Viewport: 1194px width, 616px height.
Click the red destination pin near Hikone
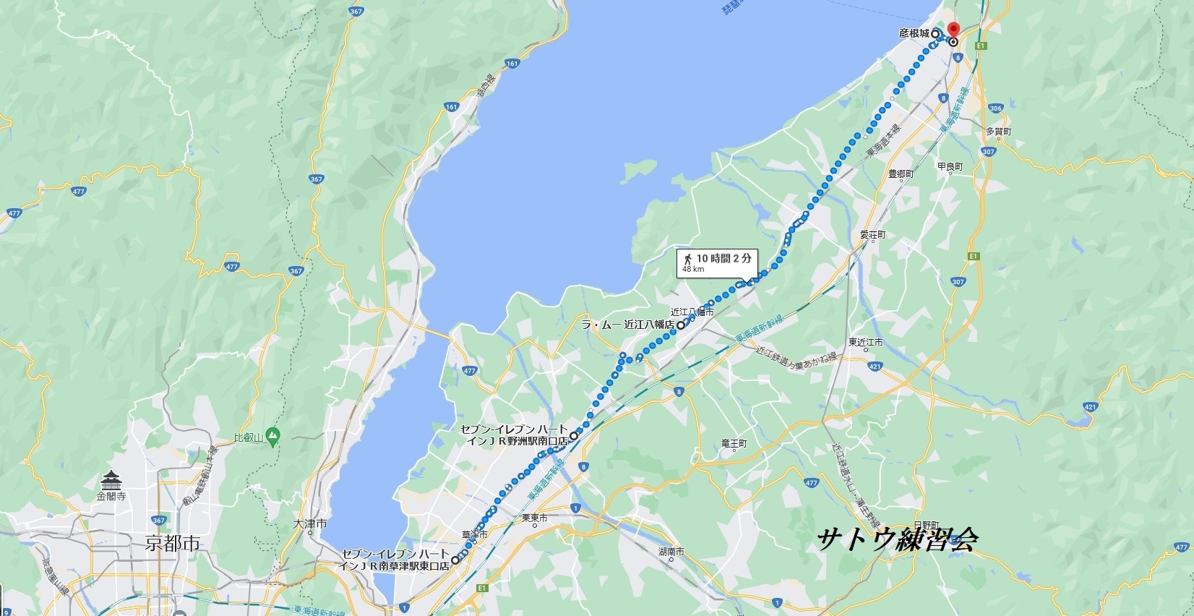[953, 30]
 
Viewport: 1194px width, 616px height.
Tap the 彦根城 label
[914, 33]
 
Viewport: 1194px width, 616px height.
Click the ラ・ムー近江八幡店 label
[627, 325]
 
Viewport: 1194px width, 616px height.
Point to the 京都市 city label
[172, 543]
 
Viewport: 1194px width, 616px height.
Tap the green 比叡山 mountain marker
[272, 435]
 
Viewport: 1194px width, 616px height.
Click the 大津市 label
[311, 523]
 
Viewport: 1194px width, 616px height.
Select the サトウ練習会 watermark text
[898, 539]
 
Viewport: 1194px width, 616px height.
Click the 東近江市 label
[865, 343]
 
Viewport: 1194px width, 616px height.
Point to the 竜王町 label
[734, 444]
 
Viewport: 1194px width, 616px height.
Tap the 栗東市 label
[534, 518]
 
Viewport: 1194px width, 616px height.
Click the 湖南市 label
[671, 552]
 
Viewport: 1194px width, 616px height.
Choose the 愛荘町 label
[872, 235]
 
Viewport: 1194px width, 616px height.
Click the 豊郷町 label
[901, 174]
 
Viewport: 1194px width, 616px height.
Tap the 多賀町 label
[998, 132]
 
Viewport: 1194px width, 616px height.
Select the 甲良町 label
[950, 167]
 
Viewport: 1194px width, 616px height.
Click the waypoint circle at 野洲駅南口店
[573, 436]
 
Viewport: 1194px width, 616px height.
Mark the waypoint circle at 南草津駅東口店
[455, 560]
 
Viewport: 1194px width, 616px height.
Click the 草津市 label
[474, 535]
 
